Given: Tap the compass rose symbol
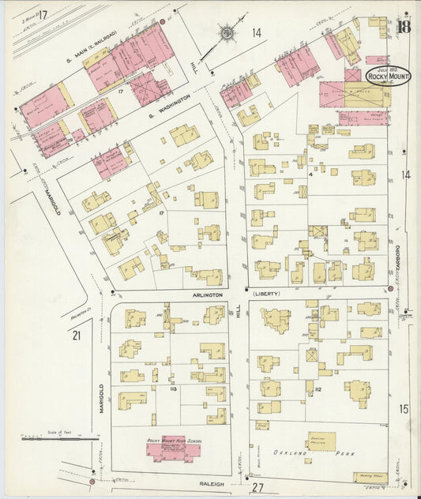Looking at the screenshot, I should coord(227,33).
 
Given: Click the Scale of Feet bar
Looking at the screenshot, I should coord(59,437).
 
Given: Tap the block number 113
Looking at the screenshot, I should coord(170,388).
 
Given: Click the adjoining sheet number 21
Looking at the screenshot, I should coord(77,336).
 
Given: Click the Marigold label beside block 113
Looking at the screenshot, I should coord(102,399).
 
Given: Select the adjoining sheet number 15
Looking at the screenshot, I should coord(404,408).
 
